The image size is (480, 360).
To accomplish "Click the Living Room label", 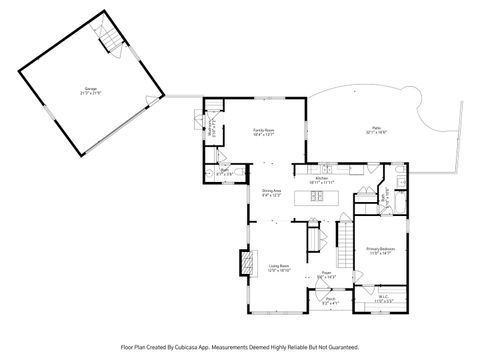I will (x=279, y=268).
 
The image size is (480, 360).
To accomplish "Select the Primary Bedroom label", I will (x=381, y=251).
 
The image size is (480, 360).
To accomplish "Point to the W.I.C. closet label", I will (x=383, y=298).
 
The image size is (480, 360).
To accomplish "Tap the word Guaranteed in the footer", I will (x=340, y=348).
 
